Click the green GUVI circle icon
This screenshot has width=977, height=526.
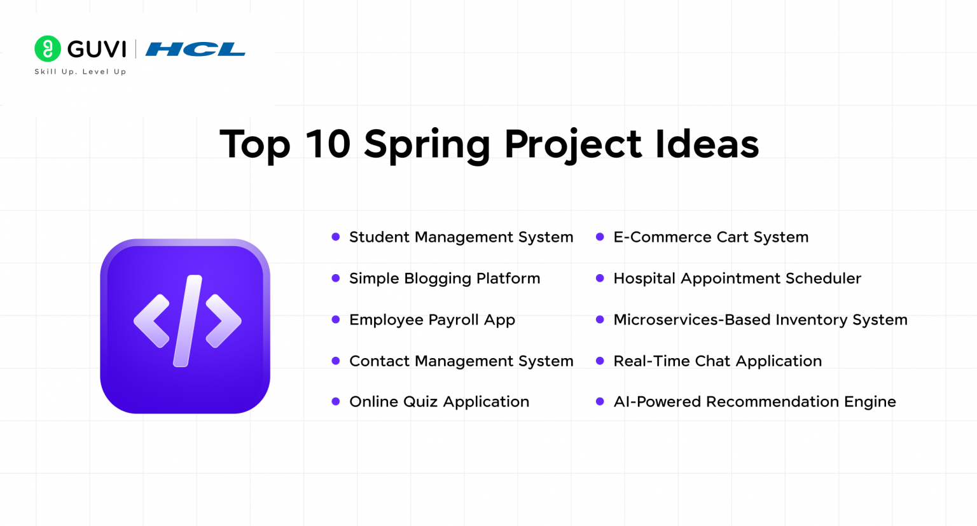point(48,49)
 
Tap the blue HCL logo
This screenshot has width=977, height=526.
point(195,49)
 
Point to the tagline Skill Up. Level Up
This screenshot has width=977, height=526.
point(80,72)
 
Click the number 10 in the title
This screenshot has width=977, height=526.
point(328,144)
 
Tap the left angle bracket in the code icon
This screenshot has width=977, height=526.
point(151,321)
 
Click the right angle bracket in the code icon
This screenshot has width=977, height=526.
point(223,321)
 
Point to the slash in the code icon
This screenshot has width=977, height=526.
point(188,321)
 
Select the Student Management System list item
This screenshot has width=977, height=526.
point(461,237)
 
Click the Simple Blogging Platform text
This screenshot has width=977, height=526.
point(445,279)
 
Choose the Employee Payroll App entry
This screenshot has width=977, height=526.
point(432,320)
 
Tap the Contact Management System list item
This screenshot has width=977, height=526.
point(461,361)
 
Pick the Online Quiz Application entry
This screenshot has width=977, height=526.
point(439,402)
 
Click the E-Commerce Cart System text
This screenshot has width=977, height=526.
point(710,237)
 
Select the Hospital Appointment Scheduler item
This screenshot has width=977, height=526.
point(737,279)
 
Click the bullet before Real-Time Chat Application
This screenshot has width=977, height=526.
point(600,361)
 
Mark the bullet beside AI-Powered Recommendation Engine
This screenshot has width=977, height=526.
point(600,402)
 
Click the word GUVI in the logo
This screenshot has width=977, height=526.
point(97,49)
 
